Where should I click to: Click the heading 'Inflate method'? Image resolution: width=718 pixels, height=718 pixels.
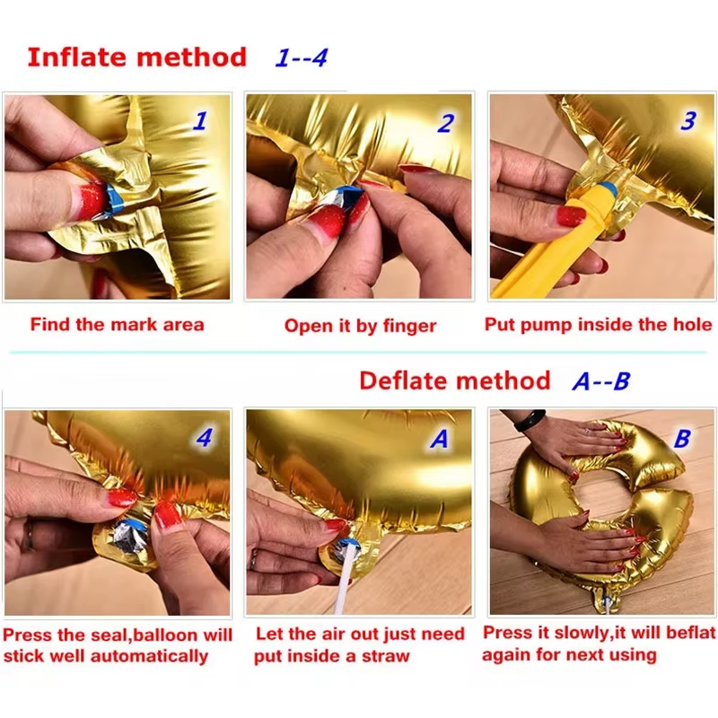pyautogui.click(x=136, y=57)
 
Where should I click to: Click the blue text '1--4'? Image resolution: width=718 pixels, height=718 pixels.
pyautogui.click(x=301, y=58)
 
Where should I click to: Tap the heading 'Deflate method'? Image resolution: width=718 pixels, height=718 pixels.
pyautogui.click(x=454, y=381)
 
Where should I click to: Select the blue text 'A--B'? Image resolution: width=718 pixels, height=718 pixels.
pyautogui.click(x=600, y=381)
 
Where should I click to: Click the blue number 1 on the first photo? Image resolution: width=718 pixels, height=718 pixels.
pyautogui.click(x=199, y=121)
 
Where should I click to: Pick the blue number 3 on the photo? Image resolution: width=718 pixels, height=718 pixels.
pyautogui.click(x=687, y=120)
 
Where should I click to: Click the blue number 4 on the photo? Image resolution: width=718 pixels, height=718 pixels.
pyautogui.click(x=205, y=439)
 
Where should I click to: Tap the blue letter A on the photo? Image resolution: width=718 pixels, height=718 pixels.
pyautogui.click(x=440, y=439)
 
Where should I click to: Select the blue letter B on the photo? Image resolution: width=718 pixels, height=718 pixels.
pyautogui.click(x=682, y=439)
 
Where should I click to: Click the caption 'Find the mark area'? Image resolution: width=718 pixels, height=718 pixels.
pyautogui.click(x=117, y=324)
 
